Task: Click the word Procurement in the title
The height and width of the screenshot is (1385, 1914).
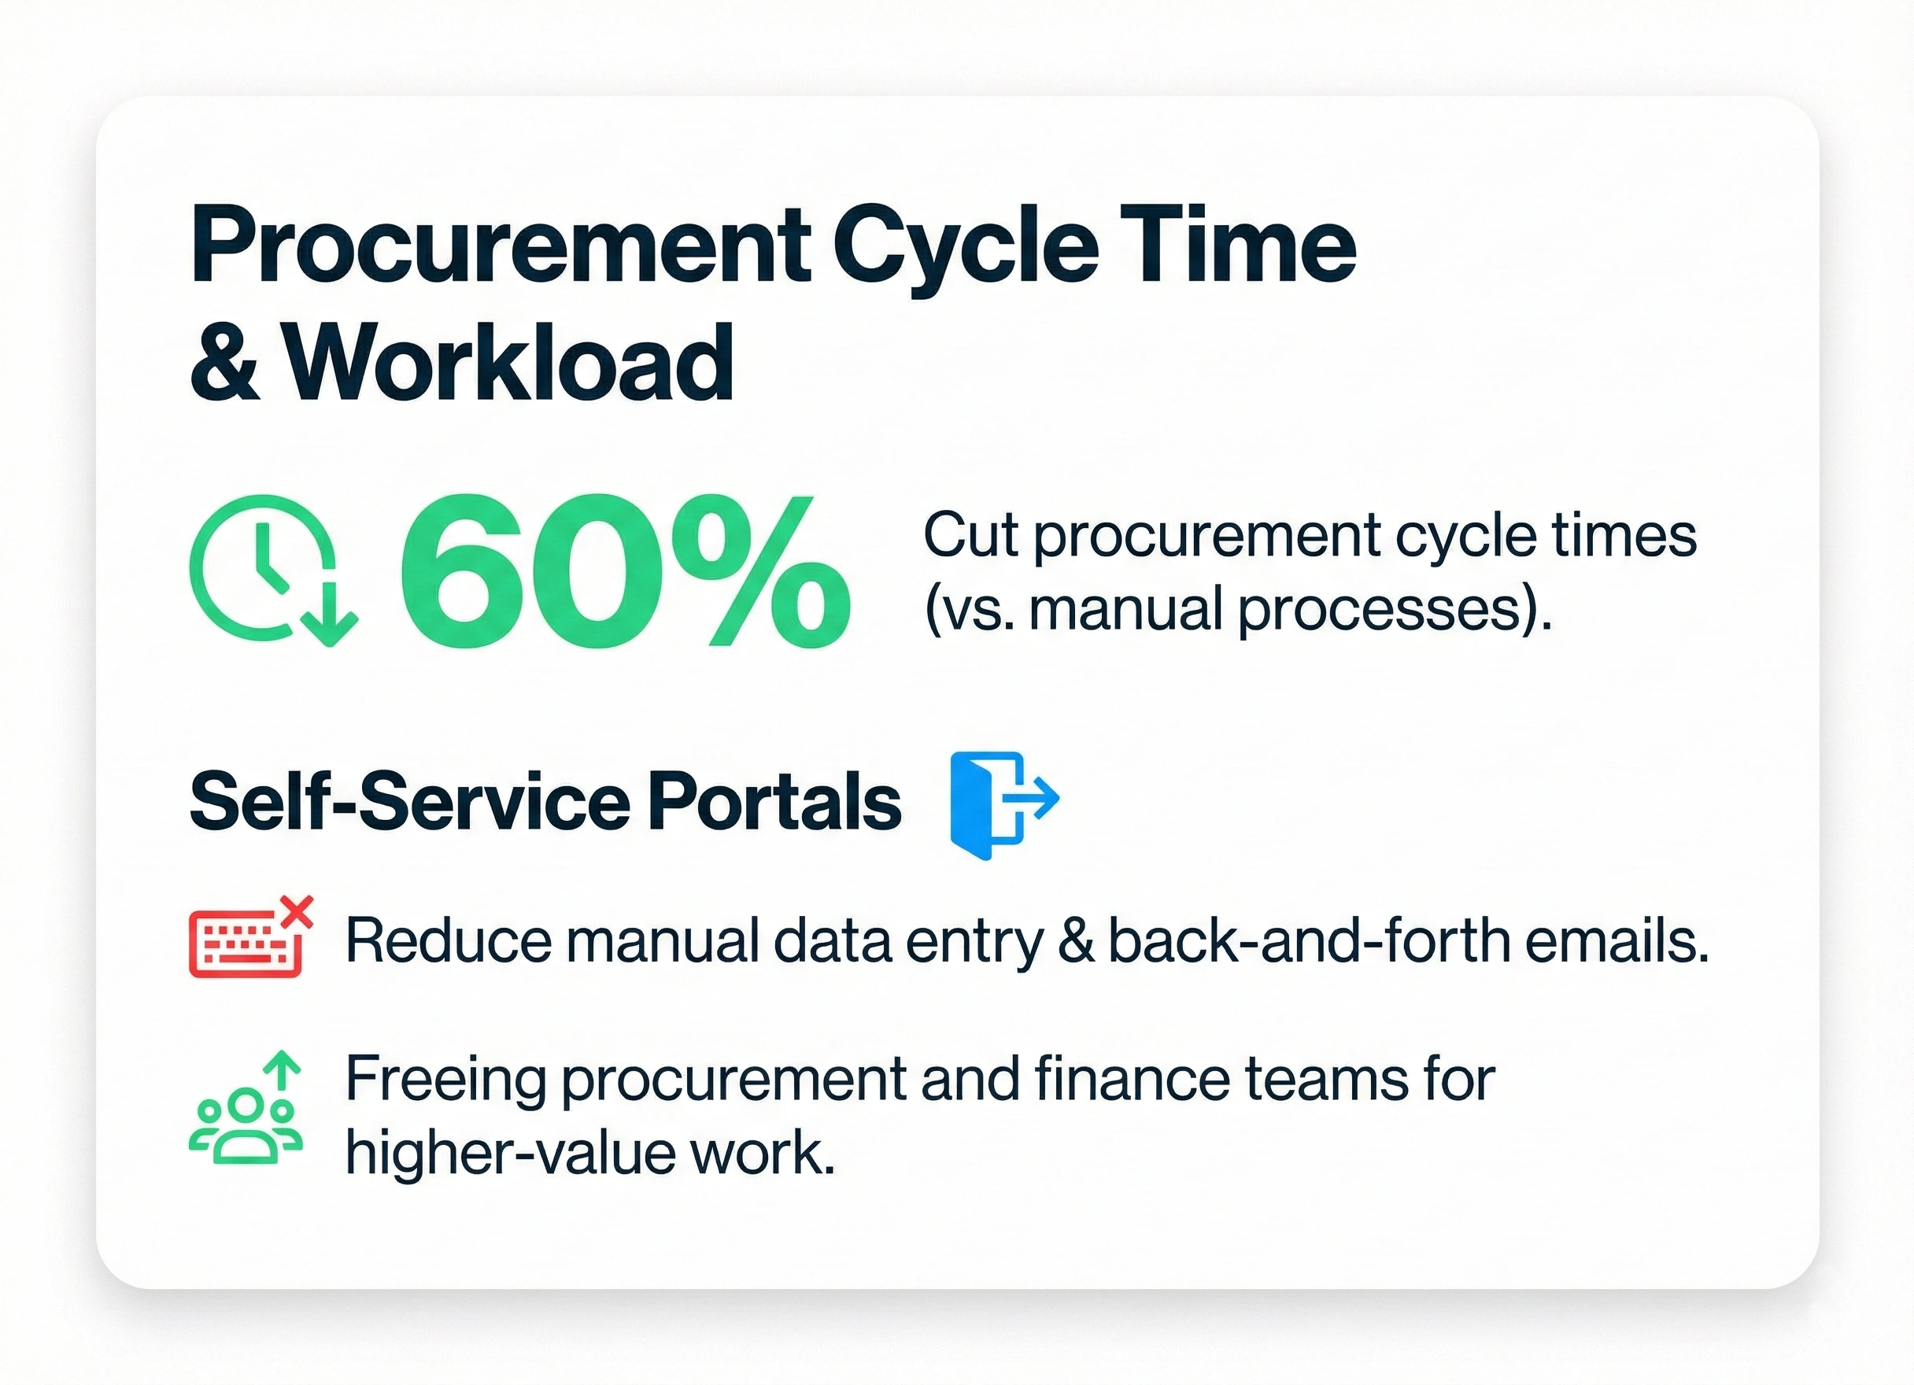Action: coord(501,245)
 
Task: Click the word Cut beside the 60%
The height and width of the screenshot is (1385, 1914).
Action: coord(971,535)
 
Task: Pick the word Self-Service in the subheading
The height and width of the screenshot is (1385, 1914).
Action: coord(409,801)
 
